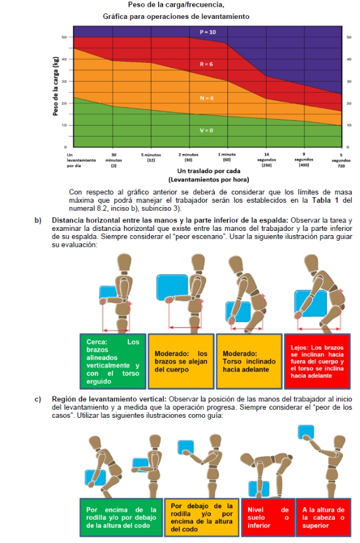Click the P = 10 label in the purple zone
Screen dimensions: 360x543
208,32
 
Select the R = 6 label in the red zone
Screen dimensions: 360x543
206,64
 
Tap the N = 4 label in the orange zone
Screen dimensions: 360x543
207,98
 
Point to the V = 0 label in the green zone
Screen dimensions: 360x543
206,130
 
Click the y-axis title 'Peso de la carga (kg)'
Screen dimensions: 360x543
56,86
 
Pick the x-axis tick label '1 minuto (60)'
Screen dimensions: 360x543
227,157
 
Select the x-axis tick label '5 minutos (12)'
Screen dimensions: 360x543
151,157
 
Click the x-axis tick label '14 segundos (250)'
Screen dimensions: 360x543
266,159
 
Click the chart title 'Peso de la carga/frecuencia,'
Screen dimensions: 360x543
176,5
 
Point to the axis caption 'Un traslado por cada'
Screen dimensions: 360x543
208,171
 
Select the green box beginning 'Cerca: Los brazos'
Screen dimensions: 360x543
113,361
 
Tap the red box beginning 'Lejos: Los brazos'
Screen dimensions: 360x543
317,361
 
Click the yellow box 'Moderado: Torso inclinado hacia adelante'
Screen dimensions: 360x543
249,361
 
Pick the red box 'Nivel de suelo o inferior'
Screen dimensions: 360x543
268,517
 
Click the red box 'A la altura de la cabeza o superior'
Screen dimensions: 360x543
323,517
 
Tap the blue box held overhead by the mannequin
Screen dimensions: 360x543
306,432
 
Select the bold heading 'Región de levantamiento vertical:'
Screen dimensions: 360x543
109,399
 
